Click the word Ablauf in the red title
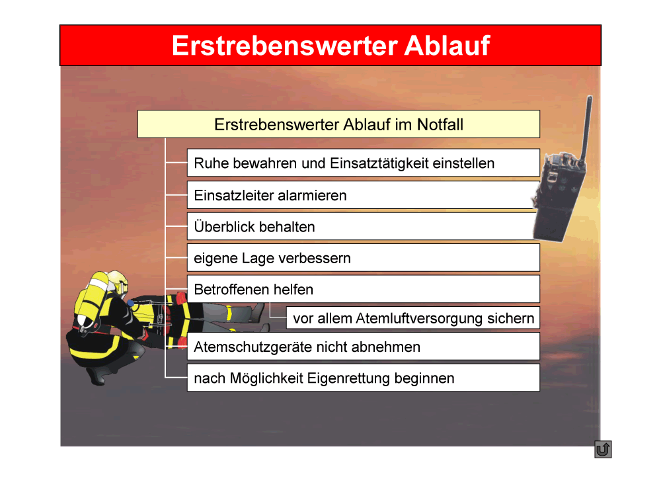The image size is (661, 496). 447,45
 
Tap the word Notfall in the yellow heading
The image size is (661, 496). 440,124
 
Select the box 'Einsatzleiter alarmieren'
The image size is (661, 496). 363,195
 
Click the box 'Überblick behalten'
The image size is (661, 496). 363,226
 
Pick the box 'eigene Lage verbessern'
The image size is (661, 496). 363,258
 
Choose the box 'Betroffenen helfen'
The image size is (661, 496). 363,289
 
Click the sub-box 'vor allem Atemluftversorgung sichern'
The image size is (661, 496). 413,317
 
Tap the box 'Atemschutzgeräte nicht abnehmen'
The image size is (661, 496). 363,347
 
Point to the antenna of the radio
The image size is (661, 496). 585,130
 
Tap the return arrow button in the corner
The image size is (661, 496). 603,449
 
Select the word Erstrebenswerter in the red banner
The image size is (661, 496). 284,45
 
